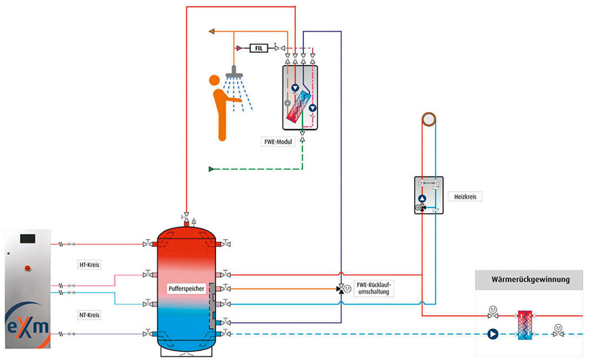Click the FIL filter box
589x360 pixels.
pos(258,48)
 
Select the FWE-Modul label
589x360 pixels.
pos(276,143)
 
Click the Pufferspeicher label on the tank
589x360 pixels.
pos(182,288)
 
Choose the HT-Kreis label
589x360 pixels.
pos(89,265)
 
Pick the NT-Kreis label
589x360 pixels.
pos(89,315)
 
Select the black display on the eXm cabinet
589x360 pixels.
pos(27,238)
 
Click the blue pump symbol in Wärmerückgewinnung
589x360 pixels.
pos(492,334)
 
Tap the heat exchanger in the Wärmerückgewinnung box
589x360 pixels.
pos(524,324)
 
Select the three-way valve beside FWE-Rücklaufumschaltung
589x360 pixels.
pos(340,288)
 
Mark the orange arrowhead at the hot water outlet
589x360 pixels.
pos(213,31)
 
